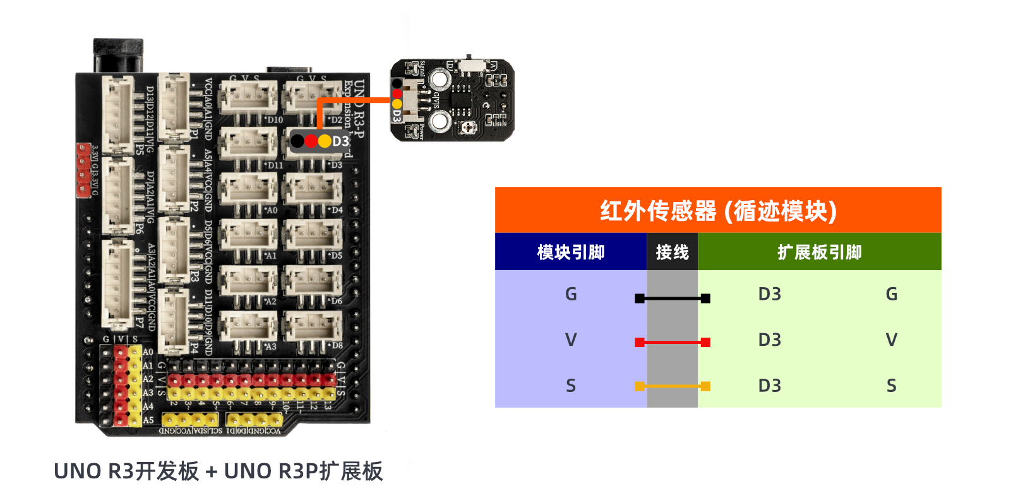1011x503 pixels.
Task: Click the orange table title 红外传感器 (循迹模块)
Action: click(718, 211)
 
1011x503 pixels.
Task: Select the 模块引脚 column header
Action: click(570, 252)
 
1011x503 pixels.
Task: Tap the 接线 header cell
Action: click(672, 252)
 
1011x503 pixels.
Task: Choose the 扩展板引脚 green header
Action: click(819, 252)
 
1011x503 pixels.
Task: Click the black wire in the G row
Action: click(673, 298)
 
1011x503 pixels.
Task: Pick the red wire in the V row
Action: click(673, 342)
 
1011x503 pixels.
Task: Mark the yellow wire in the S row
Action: click(673, 386)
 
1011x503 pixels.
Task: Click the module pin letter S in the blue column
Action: click(570, 386)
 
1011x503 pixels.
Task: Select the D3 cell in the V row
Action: click(769, 340)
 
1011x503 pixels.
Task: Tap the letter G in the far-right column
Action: click(891, 294)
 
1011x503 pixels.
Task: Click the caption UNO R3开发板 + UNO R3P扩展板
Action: click(218, 471)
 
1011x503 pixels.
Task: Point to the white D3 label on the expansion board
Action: click(340, 141)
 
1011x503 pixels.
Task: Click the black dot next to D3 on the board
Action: click(297, 141)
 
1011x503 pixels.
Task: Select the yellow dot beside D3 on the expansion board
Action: click(325, 141)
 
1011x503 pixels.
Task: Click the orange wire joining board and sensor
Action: click(354, 100)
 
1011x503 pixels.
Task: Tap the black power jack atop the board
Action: click(118, 56)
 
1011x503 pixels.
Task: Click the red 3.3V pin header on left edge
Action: click(83, 169)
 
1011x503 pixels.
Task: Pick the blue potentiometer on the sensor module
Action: click(467, 127)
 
